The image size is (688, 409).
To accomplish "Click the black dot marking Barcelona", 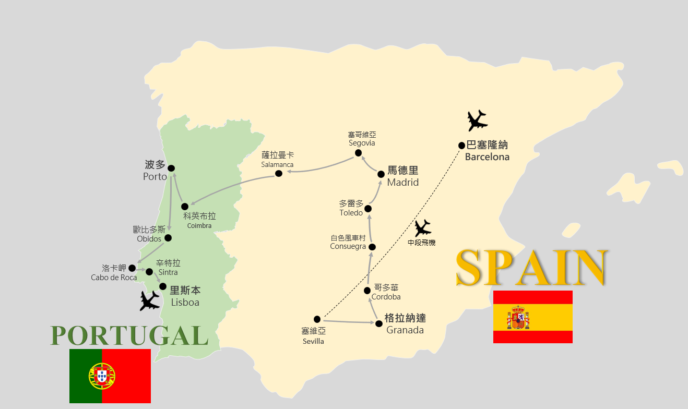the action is (461, 146).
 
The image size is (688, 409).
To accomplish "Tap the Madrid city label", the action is (402, 176).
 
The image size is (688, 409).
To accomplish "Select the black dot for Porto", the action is (171, 168).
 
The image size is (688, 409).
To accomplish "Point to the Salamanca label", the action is (277, 160).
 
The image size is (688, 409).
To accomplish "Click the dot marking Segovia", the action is (358, 153).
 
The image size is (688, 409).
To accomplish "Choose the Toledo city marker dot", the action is (368, 209).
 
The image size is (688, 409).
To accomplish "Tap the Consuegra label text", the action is (348, 242).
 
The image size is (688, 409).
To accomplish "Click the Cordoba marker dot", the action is (367, 291).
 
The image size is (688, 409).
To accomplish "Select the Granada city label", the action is (405, 324).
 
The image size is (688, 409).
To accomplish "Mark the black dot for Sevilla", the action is (317, 319).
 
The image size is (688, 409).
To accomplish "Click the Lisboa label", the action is (185, 296).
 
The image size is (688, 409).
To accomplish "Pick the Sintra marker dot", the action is (149, 272).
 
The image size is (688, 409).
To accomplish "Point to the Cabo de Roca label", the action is (114, 273).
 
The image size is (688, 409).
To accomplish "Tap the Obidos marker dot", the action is (168, 238).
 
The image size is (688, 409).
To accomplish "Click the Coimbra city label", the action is (199, 221).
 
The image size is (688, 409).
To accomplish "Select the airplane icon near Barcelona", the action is (477, 121).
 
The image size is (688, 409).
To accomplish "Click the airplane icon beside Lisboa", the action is (150, 300).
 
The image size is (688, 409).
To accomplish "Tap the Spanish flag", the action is (532, 317).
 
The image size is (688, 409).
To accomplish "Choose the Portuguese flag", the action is (110, 376).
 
